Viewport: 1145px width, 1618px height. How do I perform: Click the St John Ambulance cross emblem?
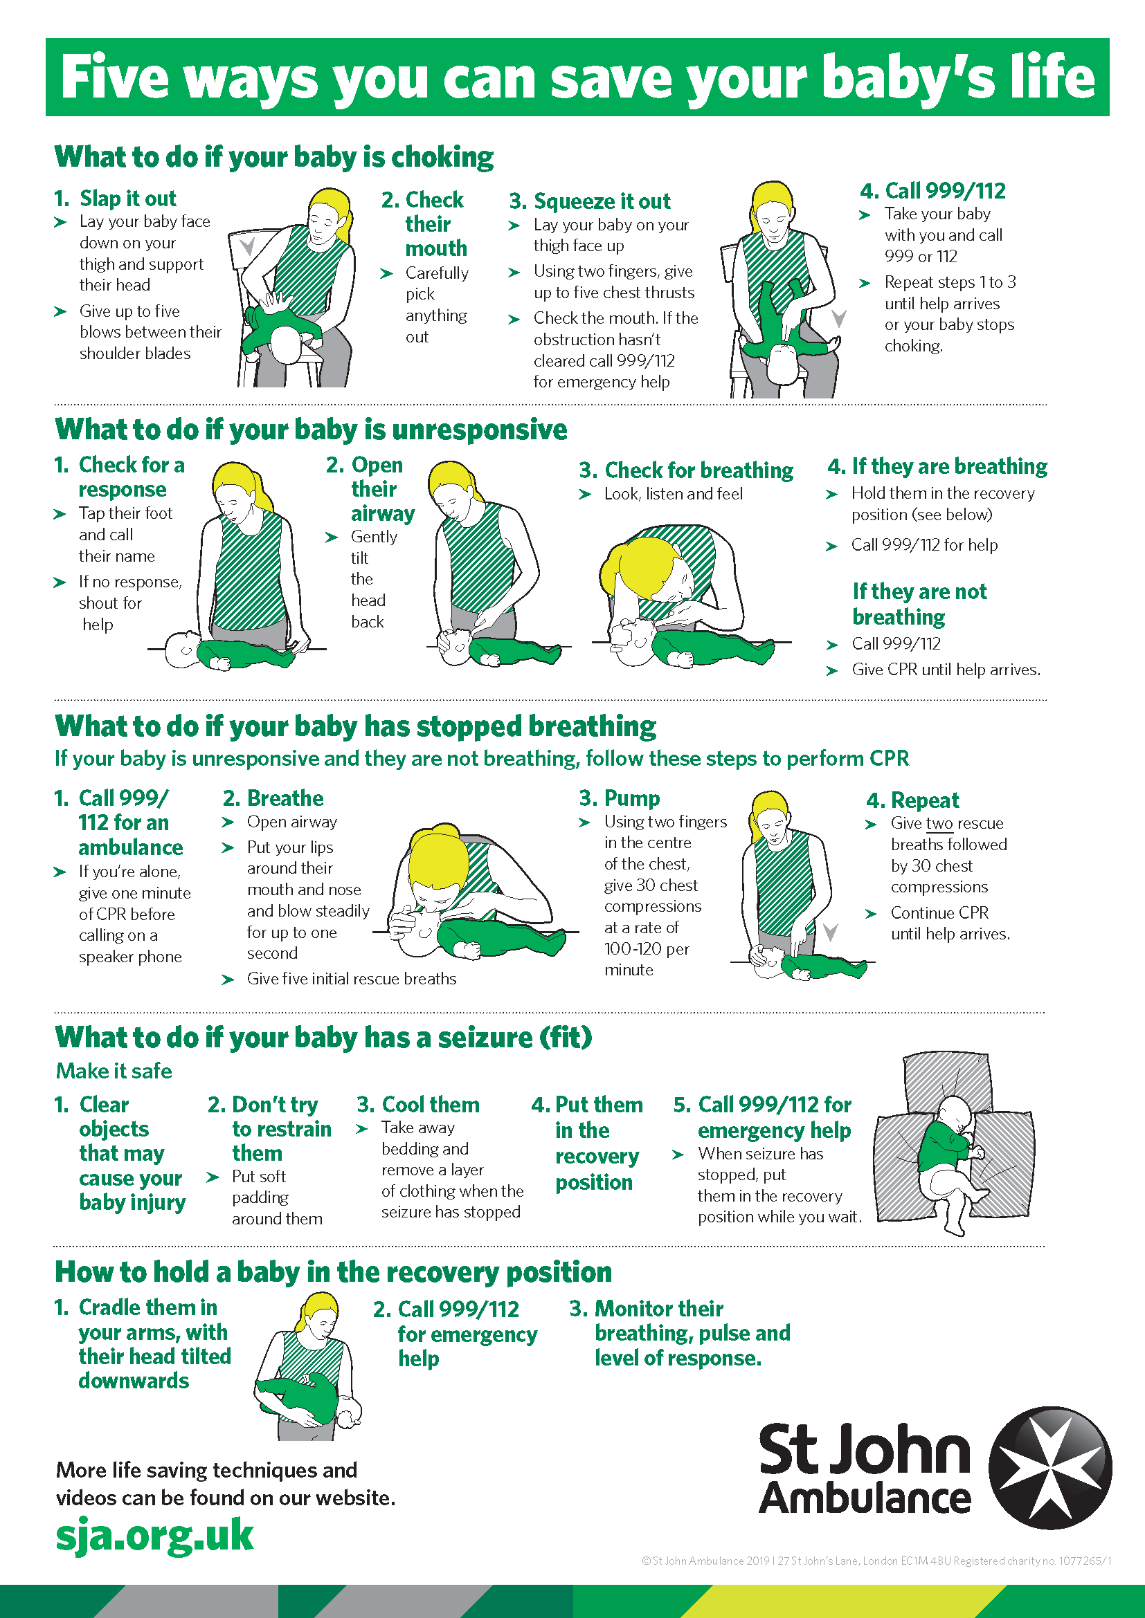click(x=1050, y=1469)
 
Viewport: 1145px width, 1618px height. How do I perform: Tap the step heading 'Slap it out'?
click(x=127, y=198)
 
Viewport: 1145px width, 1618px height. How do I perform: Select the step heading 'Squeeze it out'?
click(x=602, y=201)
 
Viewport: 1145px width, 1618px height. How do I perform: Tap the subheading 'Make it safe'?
click(x=114, y=1070)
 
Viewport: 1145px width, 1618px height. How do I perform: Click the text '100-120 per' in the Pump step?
click(x=647, y=948)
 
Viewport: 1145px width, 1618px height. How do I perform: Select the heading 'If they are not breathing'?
click(x=919, y=604)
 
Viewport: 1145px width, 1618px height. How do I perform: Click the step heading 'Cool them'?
click(x=430, y=1104)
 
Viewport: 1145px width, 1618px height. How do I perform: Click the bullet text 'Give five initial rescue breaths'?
click(x=351, y=978)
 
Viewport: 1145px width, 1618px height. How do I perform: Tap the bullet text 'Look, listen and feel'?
click(x=674, y=494)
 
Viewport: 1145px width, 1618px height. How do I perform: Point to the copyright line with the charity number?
click(x=876, y=1560)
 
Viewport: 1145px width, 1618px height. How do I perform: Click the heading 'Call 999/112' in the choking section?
click(x=945, y=190)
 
